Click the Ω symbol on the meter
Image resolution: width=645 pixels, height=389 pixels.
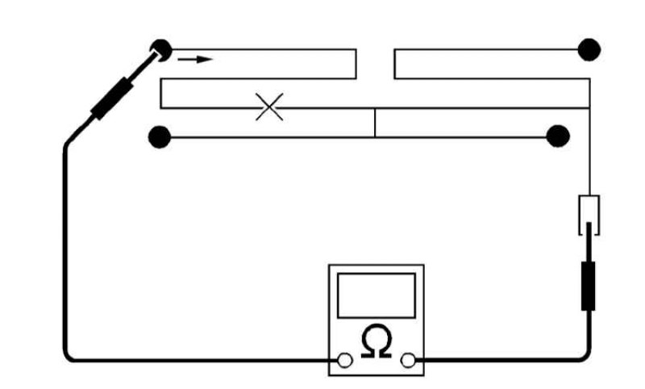(376, 341)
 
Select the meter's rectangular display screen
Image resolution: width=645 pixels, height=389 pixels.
(377, 295)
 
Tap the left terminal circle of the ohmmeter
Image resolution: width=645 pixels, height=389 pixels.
(345, 360)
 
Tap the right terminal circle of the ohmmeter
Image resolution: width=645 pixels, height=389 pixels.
(408, 360)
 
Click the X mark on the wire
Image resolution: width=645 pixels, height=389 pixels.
(269, 107)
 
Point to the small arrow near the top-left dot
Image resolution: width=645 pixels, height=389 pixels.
(195, 60)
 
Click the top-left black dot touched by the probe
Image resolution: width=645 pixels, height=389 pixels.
(160, 50)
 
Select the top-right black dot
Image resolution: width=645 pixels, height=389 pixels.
(589, 50)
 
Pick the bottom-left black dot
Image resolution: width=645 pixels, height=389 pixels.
(160, 137)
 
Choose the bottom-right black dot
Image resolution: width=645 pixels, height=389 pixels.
(558, 136)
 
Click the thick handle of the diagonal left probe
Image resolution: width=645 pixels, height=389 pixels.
(112, 98)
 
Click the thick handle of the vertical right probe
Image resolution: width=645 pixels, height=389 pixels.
(589, 286)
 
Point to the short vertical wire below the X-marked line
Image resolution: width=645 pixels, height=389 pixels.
(375, 123)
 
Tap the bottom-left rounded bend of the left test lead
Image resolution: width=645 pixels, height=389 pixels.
(69, 357)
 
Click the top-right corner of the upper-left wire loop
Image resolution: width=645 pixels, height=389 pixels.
(356, 49)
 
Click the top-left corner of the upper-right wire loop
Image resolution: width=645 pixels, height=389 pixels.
(394, 49)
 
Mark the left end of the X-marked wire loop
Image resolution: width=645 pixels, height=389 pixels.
(160, 94)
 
